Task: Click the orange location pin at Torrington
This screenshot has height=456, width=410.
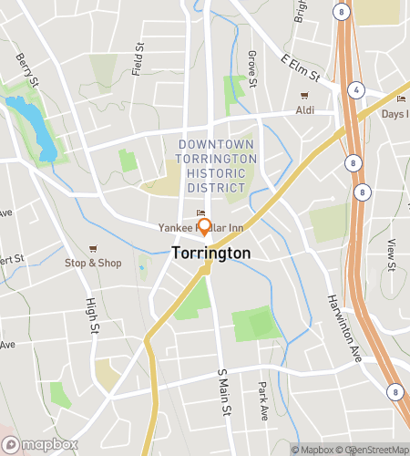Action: (204, 226)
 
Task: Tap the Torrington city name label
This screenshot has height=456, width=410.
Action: (211, 252)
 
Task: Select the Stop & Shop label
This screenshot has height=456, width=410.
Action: (93, 263)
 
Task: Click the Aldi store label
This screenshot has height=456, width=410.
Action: (305, 110)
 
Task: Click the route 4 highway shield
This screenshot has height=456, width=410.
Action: (357, 89)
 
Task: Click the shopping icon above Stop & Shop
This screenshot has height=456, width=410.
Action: (93, 248)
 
